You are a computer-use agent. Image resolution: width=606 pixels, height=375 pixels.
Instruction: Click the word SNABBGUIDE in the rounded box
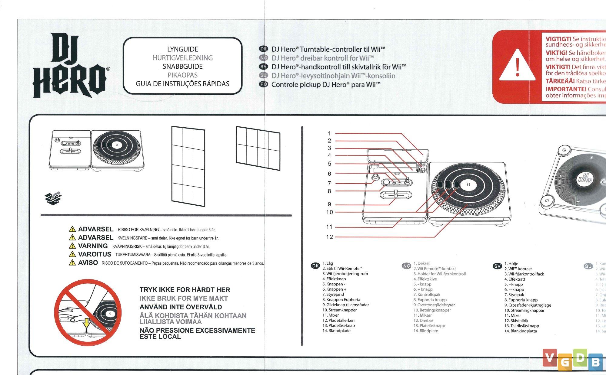(x=182, y=67)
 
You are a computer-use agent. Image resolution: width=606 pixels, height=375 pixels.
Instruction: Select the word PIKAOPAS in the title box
(x=182, y=75)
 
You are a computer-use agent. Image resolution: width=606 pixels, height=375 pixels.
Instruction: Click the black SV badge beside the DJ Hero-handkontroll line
(x=264, y=67)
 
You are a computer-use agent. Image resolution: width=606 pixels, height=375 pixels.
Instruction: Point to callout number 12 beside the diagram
(x=329, y=237)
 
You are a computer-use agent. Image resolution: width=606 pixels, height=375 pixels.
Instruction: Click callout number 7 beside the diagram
(x=329, y=183)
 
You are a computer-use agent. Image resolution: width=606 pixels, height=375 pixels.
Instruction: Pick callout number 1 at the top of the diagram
(x=329, y=133)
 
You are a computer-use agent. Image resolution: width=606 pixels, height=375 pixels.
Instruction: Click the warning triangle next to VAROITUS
(x=72, y=254)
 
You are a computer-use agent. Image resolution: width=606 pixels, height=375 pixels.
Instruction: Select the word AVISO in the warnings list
(x=88, y=263)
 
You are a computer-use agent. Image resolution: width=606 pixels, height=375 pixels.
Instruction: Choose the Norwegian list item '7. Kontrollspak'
(x=427, y=295)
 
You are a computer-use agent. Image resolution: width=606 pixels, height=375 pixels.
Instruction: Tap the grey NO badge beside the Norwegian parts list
(x=406, y=266)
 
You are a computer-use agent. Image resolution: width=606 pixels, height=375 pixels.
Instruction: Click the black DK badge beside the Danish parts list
(x=315, y=266)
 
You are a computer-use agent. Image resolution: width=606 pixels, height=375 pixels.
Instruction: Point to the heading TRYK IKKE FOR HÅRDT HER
(x=185, y=290)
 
